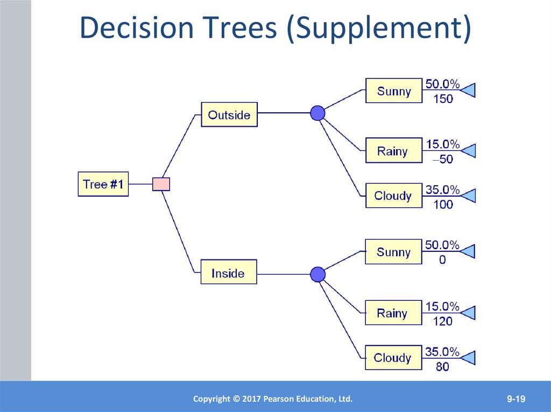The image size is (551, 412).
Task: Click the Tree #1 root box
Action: [103, 184]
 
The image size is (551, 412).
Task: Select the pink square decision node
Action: [161, 184]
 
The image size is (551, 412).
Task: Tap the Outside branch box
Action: [229, 114]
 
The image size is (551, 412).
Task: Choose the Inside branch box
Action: [228, 273]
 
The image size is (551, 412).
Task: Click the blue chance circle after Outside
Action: [318, 113]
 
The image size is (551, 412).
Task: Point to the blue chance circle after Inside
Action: [318, 274]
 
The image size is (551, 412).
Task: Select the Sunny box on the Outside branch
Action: [394, 91]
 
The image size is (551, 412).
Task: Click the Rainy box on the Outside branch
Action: [393, 151]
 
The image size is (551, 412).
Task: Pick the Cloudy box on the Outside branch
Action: [393, 196]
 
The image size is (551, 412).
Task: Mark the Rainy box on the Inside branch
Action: [393, 313]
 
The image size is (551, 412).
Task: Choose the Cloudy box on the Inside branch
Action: [393, 358]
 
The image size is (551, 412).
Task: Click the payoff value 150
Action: [443, 99]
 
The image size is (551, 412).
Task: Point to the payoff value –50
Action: [443, 160]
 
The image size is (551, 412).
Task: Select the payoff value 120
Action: [443, 321]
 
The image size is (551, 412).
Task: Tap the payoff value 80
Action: [443, 367]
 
